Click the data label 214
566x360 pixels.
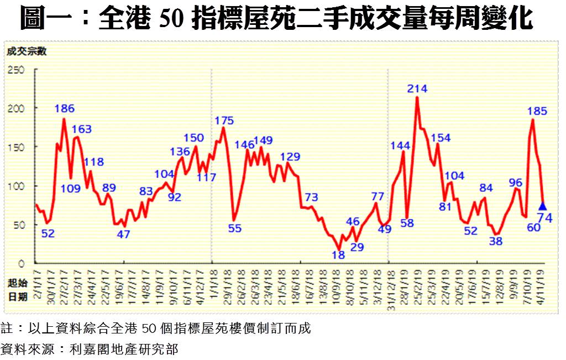click(417, 88)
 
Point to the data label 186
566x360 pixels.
click(64, 108)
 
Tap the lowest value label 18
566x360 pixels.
click(338, 255)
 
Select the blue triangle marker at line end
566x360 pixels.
click(542, 206)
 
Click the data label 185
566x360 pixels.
click(537, 111)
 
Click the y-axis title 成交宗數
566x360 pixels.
click(26, 52)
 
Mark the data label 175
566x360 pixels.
click(224, 121)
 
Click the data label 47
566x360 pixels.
click(123, 234)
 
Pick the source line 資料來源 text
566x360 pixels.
click(89, 349)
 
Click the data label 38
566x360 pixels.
click(496, 241)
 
